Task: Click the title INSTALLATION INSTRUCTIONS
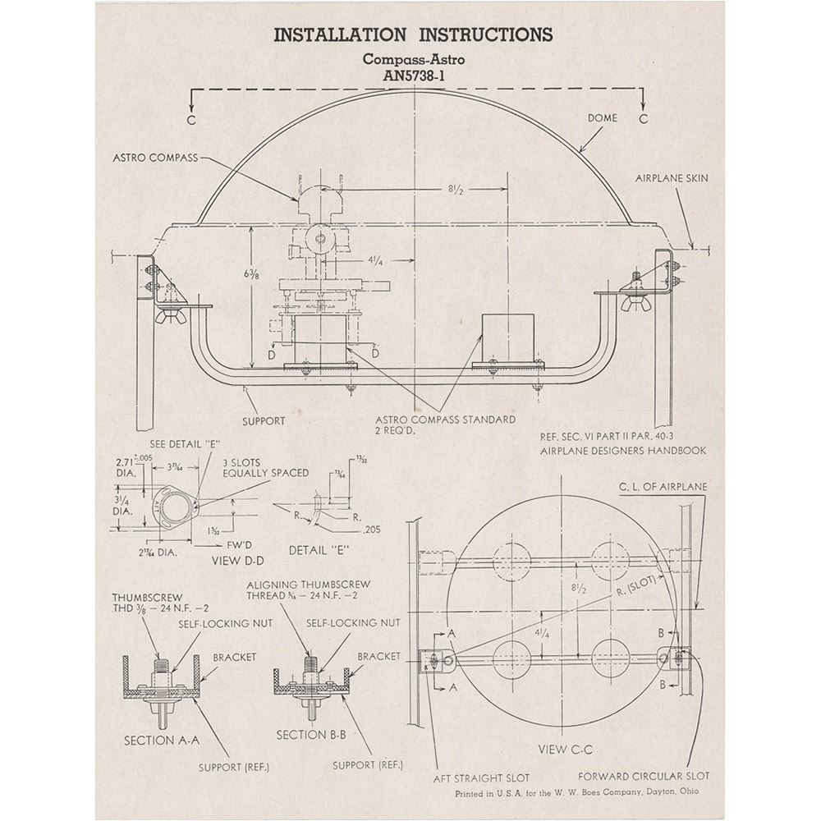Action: coord(412,34)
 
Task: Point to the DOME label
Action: coord(602,117)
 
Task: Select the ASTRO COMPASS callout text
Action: coord(156,157)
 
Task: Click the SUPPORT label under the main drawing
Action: coord(264,421)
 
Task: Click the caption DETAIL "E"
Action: coord(322,548)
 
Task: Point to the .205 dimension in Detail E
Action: coord(373,530)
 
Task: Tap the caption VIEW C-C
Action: coord(565,749)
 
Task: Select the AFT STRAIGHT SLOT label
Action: coord(482,777)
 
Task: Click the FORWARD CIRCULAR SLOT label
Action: coord(644,776)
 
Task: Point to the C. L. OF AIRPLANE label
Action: coord(663,487)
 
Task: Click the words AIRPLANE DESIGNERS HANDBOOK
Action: coord(623,451)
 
